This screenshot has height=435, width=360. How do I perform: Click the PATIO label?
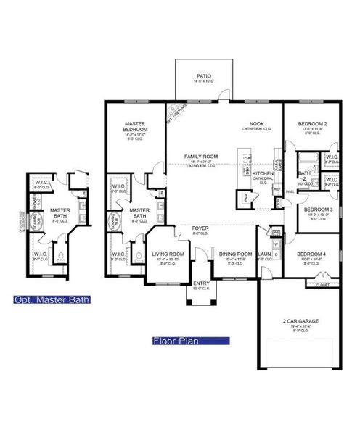click(x=204, y=75)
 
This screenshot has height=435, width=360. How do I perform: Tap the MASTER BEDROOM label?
click(x=136, y=127)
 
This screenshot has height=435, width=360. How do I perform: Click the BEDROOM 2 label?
click(x=312, y=124)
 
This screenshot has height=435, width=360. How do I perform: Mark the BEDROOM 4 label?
click(x=311, y=254)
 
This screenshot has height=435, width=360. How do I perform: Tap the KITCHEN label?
click(x=263, y=174)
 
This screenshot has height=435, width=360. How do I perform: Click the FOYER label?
click(x=200, y=228)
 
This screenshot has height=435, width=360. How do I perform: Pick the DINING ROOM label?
click(x=234, y=254)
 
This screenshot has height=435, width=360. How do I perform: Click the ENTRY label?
click(x=200, y=283)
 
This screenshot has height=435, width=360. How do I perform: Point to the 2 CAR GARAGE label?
click(x=301, y=320)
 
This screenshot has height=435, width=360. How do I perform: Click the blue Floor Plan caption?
click(x=191, y=340)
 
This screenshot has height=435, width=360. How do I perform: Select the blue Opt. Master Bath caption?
click(x=52, y=299)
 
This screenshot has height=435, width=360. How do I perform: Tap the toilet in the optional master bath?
click(x=61, y=256)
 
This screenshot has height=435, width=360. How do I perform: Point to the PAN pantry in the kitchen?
click(x=246, y=196)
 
